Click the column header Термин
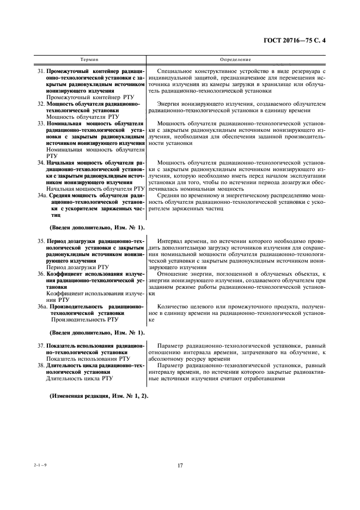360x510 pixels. (x=89, y=59)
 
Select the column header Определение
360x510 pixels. (x=235, y=59)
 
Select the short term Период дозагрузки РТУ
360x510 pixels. (x=78, y=267)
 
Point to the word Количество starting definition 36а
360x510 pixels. (x=175, y=307)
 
